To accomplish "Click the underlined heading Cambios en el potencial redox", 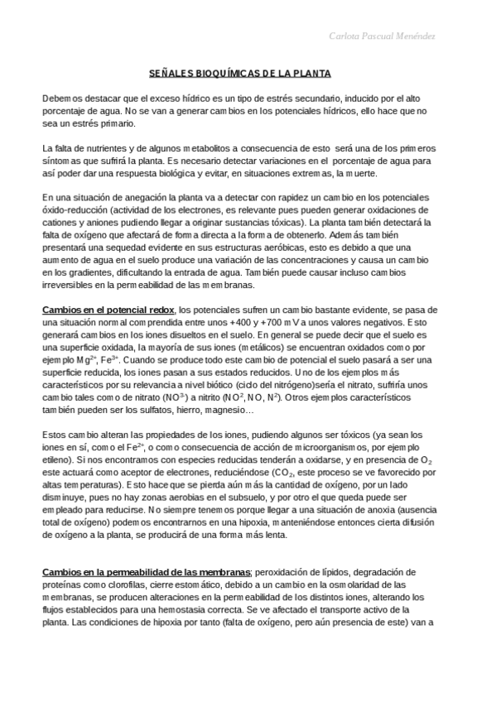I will [x=108, y=310].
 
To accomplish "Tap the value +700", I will [x=274, y=322].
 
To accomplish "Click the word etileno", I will [x=56, y=459].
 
